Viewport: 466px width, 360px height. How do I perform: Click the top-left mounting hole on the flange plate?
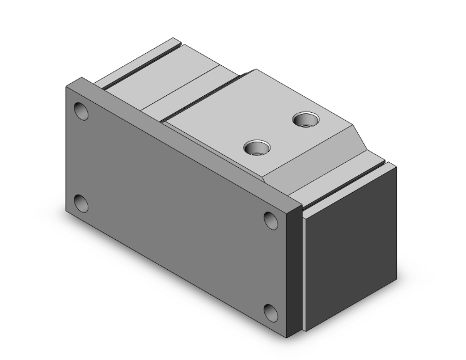click(x=81, y=112)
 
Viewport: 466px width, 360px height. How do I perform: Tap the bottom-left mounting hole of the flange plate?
click(x=81, y=203)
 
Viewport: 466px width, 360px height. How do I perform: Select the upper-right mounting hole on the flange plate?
click(x=271, y=220)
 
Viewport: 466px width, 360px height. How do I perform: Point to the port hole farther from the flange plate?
click(x=308, y=118)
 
